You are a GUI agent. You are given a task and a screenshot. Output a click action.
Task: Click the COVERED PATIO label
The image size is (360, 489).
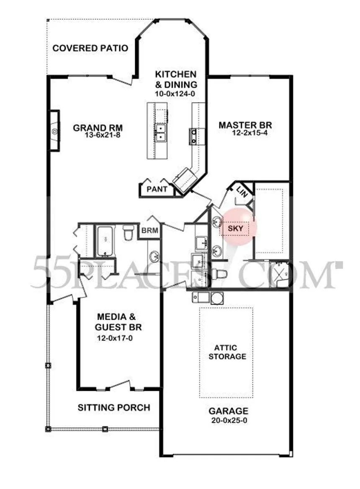(90, 48)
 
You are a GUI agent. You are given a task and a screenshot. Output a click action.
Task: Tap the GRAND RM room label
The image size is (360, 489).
(98, 128)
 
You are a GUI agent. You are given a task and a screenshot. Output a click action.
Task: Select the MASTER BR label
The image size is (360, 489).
(245, 125)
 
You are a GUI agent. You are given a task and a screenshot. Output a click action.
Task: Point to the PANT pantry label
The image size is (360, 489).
(157, 189)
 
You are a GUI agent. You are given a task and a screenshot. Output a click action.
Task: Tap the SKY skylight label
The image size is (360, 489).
(235, 228)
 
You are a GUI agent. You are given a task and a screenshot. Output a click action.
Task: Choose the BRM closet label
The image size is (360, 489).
(150, 231)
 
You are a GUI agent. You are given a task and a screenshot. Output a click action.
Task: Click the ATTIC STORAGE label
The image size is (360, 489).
(227, 352)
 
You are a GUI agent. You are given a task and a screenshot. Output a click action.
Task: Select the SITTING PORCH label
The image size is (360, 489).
(114, 407)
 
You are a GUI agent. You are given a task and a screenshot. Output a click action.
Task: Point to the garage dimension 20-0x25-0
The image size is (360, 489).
(229, 420)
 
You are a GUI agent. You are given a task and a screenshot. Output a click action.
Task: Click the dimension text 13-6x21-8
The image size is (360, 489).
(102, 135)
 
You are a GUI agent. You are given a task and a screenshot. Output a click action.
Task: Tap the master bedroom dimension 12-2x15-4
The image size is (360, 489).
(249, 133)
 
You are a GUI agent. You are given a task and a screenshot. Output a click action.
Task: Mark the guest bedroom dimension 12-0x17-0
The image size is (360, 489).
(115, 338)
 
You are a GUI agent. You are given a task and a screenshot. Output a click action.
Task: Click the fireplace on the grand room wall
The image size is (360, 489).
(54, 131)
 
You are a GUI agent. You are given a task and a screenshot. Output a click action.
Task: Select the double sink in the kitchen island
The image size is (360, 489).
(160, 133)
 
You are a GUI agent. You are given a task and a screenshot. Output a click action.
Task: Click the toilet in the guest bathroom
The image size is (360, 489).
(128, 233)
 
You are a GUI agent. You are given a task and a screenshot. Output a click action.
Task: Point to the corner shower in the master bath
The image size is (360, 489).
(280, 274)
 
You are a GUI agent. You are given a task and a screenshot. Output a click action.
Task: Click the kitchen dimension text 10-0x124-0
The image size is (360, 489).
(175, 94)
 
